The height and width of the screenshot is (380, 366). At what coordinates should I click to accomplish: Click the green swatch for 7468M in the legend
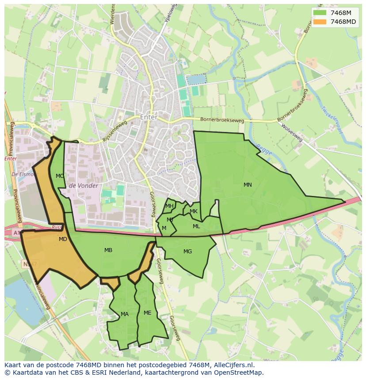[320, 13]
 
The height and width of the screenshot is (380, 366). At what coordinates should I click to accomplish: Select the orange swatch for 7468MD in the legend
[320, 22]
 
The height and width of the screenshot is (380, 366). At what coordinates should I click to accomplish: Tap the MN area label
[248, 185]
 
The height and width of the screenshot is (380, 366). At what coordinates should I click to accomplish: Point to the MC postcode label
[60, 176]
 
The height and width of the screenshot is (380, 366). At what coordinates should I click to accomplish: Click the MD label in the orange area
[63, 239]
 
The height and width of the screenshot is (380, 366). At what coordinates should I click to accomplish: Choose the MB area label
[108, 250]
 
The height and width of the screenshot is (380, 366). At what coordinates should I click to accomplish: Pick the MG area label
[187, 252]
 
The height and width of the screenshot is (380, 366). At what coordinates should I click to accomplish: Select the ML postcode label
[196, 226]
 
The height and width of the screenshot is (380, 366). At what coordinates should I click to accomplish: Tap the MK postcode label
[194, 211]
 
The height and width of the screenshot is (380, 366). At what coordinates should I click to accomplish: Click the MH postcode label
[169, 206]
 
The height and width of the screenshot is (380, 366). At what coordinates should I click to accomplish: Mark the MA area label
[125, 314]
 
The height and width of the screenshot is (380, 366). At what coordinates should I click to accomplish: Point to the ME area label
[148, 313]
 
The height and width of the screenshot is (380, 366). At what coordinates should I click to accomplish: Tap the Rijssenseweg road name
[114, 132]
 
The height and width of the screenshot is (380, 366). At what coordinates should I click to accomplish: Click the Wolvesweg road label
[292, 132]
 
